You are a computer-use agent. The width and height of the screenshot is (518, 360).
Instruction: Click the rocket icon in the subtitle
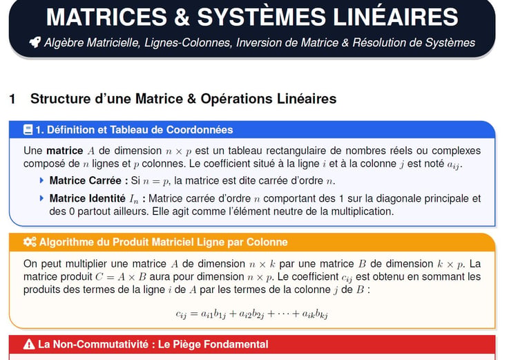(x=35, y=42)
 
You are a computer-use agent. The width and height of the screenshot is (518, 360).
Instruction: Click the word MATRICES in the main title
(x=106, y=17)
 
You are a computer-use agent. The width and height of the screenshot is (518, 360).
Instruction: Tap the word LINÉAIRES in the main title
(x=396, y=17)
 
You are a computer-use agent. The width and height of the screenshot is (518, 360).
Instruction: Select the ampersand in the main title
(x=182, y=17)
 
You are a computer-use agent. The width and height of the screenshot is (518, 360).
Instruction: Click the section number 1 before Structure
(x=12, y=99)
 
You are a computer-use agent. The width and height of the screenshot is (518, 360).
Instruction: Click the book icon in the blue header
(x=28, y=130)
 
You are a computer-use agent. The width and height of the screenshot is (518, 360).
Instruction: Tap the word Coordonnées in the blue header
(x=200, y=130)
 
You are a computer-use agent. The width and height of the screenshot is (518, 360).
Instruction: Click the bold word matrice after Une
(x=65, y=151)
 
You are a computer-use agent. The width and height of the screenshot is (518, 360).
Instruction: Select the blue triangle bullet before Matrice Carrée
(x=41, y=180)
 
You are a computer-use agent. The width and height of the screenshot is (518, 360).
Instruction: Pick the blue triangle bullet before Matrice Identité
(x=41, y=198)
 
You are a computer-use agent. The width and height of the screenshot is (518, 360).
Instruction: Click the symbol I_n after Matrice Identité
(x=134, y=199)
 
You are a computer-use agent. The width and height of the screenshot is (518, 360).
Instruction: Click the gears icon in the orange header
(x=30, y=242)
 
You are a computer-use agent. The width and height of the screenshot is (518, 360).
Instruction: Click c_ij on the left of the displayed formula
(x=181, y=314)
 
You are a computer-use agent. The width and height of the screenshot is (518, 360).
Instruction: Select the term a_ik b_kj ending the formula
(x=315, y=314)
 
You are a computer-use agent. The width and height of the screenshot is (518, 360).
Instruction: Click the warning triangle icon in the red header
(x=29, y=344)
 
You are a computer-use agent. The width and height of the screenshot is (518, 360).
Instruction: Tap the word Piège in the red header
(x=188, y=345)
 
